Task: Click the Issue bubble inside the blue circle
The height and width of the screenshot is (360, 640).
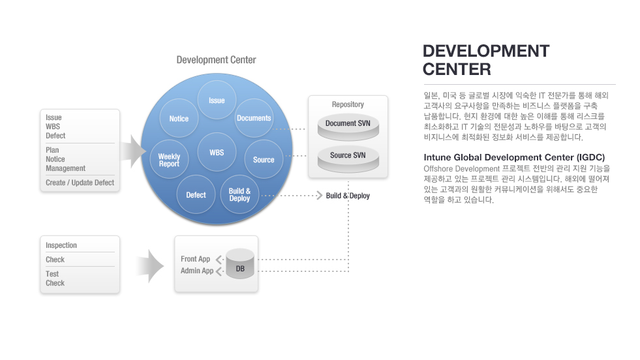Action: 217,100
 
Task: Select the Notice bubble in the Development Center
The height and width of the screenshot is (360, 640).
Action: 179,118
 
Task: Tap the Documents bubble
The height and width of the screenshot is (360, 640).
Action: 254,118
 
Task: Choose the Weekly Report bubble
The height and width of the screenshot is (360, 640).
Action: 169,160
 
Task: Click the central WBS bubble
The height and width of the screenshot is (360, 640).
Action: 217,152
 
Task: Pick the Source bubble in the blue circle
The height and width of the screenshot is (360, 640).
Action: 264,160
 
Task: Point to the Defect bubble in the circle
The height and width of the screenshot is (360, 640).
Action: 196,195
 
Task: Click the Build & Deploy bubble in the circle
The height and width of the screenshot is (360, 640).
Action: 239,195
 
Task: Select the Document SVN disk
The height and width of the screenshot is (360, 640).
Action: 348,127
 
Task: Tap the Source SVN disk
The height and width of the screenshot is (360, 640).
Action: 348,159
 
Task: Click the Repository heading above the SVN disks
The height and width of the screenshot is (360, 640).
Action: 348,104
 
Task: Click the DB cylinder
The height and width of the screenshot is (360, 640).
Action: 240,264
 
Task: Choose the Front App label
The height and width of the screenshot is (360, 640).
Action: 195,259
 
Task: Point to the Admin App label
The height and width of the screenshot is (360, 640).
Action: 197,271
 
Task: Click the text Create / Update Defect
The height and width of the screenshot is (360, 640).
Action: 80,183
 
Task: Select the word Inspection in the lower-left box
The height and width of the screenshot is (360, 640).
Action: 61,245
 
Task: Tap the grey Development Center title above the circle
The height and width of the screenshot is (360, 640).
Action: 217,60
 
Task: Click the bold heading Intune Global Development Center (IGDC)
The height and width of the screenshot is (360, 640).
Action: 514,158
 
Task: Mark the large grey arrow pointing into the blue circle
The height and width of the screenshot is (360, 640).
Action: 134,151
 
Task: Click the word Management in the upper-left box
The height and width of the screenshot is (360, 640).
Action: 65,168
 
